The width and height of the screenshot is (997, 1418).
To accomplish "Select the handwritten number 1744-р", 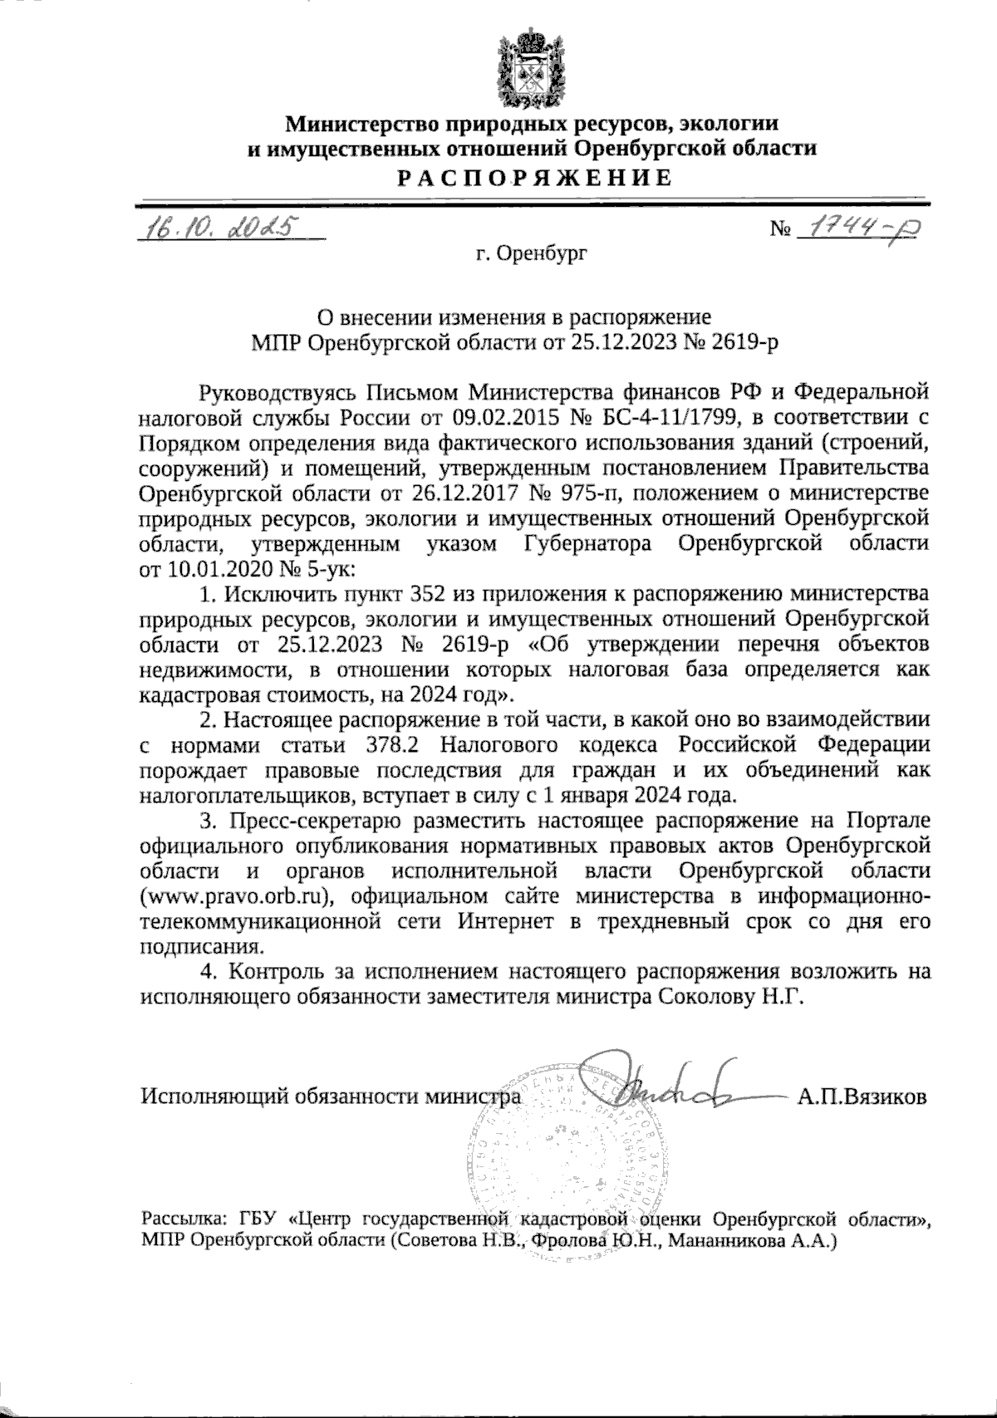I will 855,225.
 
